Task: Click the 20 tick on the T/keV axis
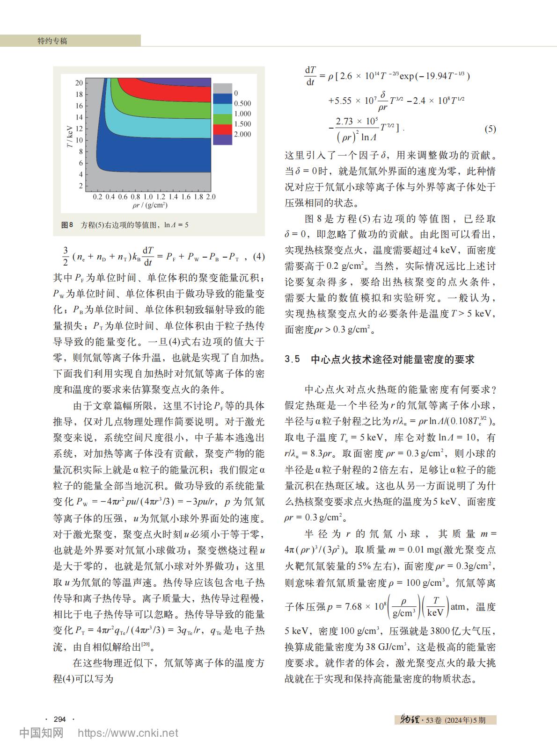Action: (79, 83)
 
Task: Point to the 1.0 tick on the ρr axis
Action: (148, 197)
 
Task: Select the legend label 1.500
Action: (242, 124)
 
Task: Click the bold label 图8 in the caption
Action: (67, 225)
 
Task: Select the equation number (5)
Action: (490, 129)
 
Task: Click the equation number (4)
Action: (258, 256)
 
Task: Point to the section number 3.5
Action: (292, 360)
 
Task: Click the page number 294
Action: (60, 719)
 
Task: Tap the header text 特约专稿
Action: (52, 41)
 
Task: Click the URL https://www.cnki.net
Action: (128, 733)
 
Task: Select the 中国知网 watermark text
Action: (41, 733)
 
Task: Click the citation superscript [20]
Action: (146, 645)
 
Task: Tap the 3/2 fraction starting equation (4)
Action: (66, 256)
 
